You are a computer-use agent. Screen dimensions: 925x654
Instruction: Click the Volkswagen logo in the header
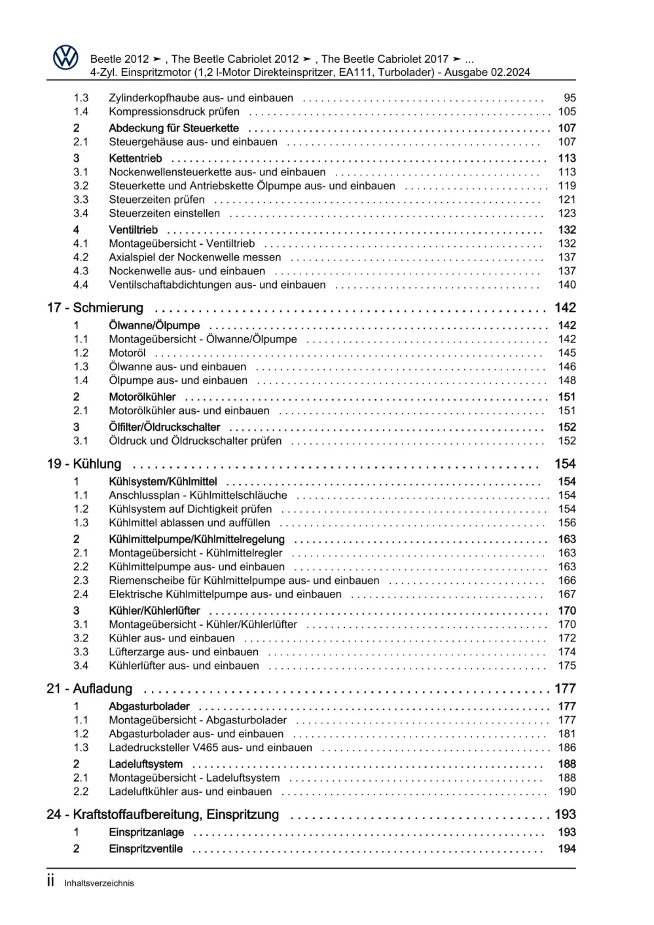click(x=65, y=58)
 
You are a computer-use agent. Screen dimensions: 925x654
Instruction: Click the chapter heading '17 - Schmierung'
click(x=95, y=308)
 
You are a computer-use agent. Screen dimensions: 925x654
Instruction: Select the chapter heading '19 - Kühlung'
click(x=84, y=464)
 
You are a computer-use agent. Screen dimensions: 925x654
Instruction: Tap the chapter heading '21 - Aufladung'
click(x=90, y=689)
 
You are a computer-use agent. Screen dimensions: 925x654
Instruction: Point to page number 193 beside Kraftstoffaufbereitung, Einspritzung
click(x=565, y=815)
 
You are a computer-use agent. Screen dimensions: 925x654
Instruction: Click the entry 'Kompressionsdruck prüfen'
click(x=174, y=112)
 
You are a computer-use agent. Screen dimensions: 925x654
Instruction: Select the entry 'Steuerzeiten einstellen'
click(x=164, y=213)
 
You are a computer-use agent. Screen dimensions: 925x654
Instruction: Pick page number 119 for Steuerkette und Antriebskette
click(x=567, y=186)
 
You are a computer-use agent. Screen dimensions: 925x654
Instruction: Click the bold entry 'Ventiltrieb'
click(x=133, y=230)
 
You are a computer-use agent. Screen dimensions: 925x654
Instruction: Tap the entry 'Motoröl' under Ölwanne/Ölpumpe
click(x=127, y=353)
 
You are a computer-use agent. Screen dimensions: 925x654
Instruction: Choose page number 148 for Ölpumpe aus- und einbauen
click(x=567, y=380)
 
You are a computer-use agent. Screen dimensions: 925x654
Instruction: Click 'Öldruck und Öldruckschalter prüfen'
click(x=195, y=441)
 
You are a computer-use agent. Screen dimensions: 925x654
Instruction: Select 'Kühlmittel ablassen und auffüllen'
click(x=189, y=523)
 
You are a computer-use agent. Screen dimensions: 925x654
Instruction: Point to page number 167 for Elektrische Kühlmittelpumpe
click(x=567, y=594)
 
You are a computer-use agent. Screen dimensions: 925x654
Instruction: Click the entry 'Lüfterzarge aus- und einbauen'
click(x=183, y=652)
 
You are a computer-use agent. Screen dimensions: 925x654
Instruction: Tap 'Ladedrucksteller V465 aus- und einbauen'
click(x=210, y=748)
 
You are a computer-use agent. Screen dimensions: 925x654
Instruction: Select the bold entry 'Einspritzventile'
click(x=146, y=849)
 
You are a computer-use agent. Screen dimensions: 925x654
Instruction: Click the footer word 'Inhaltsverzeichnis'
click(x=99, y=883)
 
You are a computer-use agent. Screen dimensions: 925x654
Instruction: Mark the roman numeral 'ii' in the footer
click(x=51, y=882)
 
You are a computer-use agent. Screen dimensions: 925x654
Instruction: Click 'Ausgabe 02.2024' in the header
click(x=487, y=73)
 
